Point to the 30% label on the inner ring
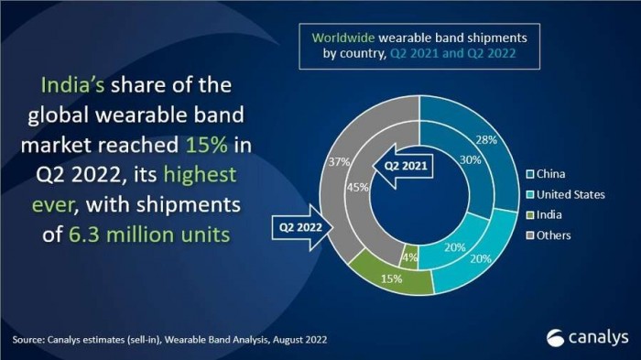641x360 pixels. pos(468,158)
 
